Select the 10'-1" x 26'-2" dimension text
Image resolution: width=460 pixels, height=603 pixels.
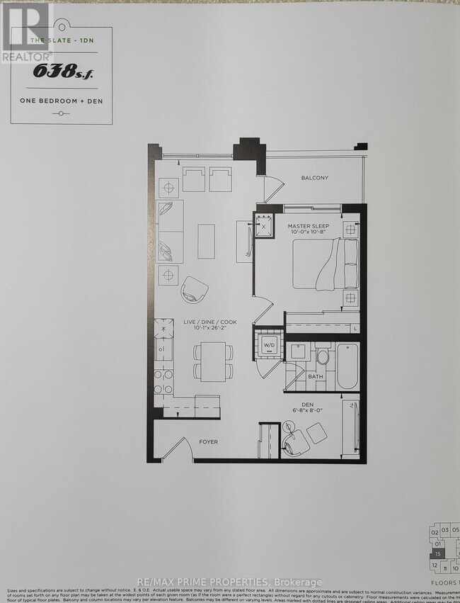[210, 329]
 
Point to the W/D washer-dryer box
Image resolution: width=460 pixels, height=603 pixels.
[269, 346]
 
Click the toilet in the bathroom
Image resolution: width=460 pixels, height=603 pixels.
[323, 356]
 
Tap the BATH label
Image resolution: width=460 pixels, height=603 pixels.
[316, 377]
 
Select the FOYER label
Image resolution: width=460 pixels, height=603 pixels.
[208, 441]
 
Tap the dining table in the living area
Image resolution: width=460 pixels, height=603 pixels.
[211, 360]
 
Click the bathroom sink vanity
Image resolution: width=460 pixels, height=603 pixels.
[299, 352]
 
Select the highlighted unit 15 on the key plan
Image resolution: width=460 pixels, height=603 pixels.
[439, 553]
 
